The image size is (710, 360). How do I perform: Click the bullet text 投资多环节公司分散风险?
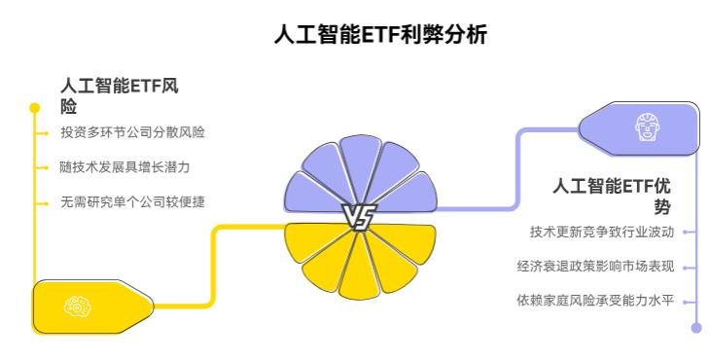point(132,131)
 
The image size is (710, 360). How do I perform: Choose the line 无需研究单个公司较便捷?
point(132,201)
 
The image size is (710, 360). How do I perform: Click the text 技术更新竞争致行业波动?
point(600,232)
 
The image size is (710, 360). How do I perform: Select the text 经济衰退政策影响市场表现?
point(594,266)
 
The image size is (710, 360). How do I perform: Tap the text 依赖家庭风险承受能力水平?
point(594,300)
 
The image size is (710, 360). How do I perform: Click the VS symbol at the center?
point(356,218)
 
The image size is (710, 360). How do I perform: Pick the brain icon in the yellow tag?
point(74,307)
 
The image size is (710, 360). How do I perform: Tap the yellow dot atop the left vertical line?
point(35,107)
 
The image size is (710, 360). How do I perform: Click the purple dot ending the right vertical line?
point(695,328)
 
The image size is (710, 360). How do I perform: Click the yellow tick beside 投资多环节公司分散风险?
point(42,131)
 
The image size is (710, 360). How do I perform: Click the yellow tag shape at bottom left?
point(92,307)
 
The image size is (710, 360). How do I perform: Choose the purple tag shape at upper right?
point(638,126)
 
